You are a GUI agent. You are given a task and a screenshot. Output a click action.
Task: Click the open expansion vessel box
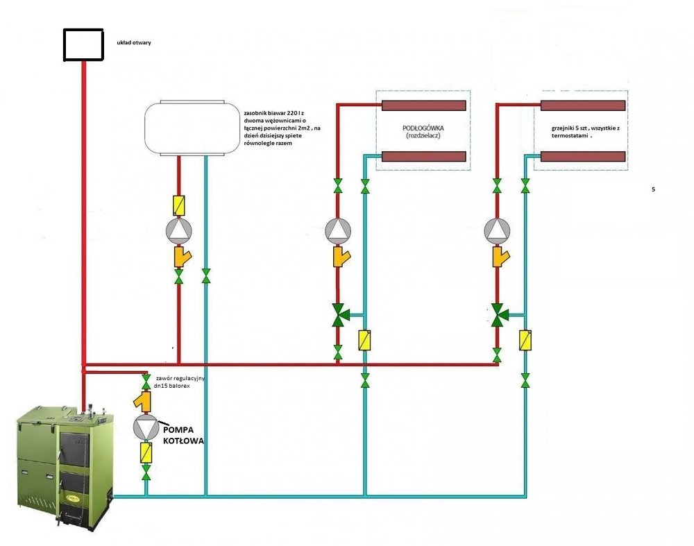tap(83, 44)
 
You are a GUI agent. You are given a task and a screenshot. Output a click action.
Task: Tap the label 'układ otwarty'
tap(134, 42)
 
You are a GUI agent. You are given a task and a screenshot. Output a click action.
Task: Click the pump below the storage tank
tap(178, 231)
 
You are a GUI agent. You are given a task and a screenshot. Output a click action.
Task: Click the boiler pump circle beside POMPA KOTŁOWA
tap(146, 427)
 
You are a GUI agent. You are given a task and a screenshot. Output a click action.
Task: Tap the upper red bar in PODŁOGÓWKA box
tap(423, 105)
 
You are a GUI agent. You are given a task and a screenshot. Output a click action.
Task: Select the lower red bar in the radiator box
tap(583, 157)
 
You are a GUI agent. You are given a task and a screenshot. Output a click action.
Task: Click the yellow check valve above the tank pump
tap(178, 205)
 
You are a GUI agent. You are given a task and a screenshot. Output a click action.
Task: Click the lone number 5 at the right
tap(653, 189)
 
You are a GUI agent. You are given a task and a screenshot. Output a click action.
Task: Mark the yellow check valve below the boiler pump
tap(146, 453)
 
